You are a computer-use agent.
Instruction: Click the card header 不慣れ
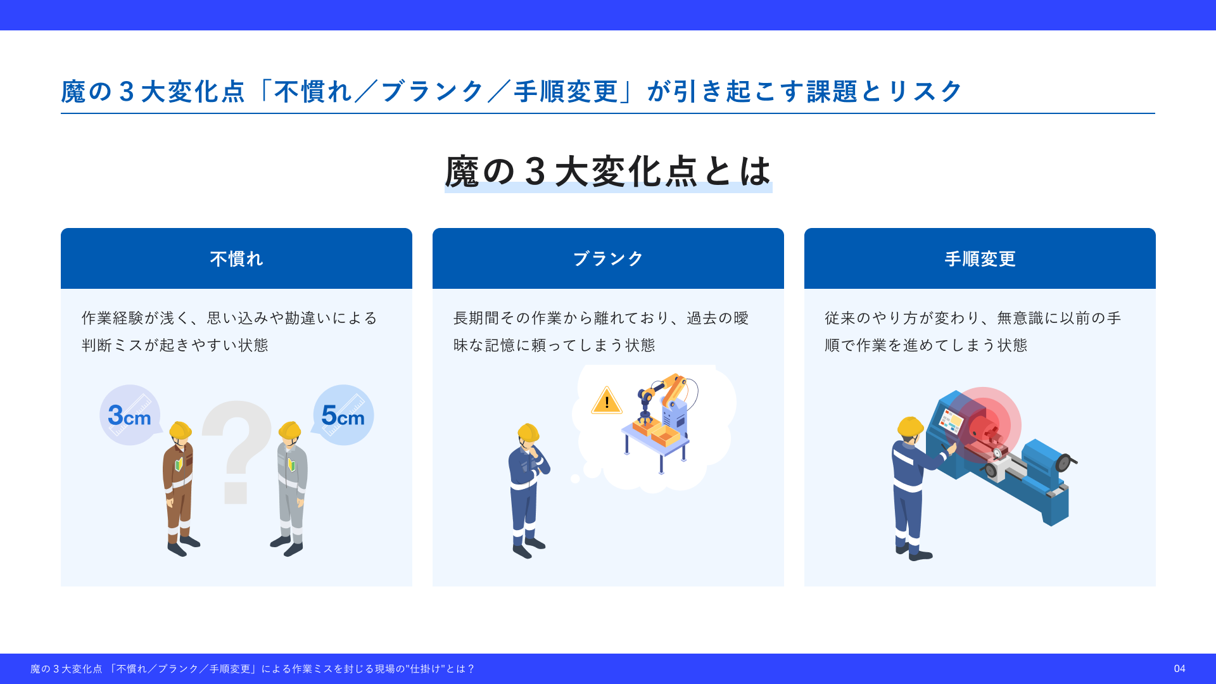(236, 258)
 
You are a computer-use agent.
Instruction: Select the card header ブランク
(608, 258)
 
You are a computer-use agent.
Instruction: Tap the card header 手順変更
(980, 258)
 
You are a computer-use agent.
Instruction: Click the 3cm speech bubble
(130, 415)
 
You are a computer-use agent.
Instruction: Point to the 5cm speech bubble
(343, 415)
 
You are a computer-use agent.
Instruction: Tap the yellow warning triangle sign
(607, 400)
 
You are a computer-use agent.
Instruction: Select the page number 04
(1179, 669)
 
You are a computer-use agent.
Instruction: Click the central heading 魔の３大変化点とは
(608, 171)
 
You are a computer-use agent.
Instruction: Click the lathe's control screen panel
(951, 421)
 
